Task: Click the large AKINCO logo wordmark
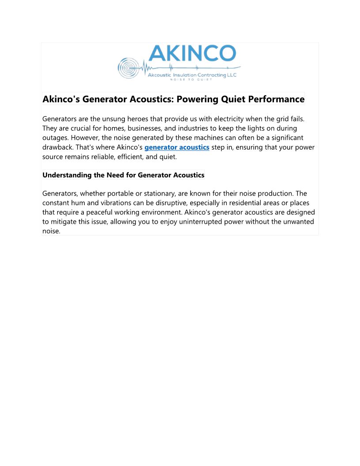pos(192,54)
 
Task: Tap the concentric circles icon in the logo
pos(127,68)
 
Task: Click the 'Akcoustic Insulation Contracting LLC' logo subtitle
pos(192,75)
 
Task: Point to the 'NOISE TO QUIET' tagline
pos(191,80)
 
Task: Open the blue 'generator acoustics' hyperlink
pos(177,147)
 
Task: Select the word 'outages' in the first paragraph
pos(54,138)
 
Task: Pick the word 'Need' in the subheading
pos(115,175)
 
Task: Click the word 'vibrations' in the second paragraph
pos(124,203)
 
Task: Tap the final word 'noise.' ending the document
pos(51,231)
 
